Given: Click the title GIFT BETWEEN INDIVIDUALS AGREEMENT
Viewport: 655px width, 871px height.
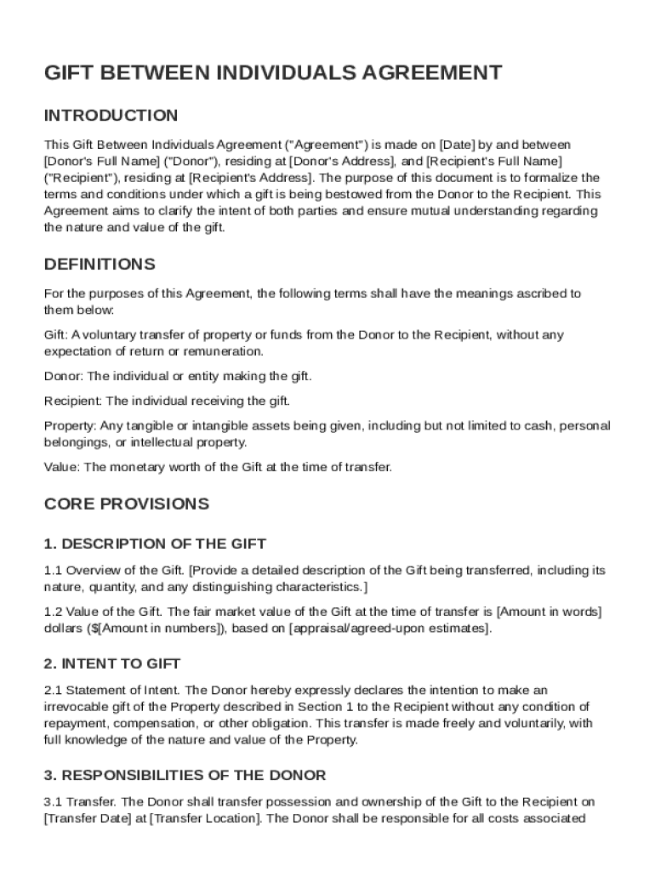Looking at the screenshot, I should pos(273,73).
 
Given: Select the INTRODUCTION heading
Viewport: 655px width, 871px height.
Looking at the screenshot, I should pos(111,116).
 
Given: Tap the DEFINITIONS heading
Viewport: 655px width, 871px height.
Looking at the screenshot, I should pos(100,264).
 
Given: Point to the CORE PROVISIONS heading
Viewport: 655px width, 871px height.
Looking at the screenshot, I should pos(126,504).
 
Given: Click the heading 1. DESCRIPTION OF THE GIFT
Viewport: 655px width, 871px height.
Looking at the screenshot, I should pos(155,544).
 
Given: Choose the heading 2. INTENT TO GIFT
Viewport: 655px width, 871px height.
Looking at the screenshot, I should pos(112,663).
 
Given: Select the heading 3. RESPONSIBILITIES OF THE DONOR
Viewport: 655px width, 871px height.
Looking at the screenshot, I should pos(185,775).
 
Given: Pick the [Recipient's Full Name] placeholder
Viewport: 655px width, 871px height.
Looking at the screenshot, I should pos(493,161).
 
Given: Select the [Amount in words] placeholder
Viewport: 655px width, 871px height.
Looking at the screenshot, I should pos(549,612).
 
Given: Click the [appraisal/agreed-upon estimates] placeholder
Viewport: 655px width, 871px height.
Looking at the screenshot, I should pos(389,629).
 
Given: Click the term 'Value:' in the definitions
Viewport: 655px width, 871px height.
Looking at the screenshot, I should pos(61,467).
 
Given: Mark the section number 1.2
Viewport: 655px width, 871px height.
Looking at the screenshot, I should pos(53,612).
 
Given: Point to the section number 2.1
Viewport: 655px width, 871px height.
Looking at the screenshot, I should pos(53,690).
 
